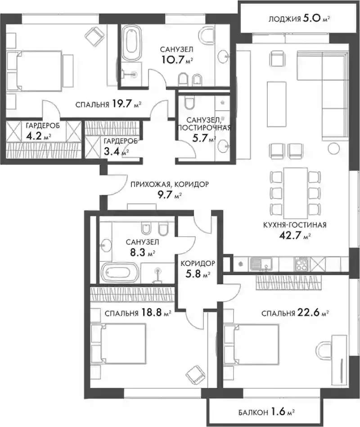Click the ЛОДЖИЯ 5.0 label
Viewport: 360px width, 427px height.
(x=299, y=19)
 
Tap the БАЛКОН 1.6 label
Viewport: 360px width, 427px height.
(x=267, y=412)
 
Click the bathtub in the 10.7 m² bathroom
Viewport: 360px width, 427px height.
(x=131, y=43)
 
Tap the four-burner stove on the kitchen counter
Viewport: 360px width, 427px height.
(x=301, y=264)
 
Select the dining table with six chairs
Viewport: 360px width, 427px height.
(x=296, y=192)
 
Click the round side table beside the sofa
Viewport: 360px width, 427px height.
(x=333, y=148)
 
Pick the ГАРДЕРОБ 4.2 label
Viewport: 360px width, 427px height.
(x=42, y=131)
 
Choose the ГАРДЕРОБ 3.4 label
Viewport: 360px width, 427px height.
(x=120, y=147)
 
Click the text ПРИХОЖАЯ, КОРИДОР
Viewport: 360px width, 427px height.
(x=170, y=184)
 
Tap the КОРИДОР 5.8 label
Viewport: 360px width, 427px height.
(x=198, y=269)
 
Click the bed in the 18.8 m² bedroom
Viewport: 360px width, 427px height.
(x=119, y=343)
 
